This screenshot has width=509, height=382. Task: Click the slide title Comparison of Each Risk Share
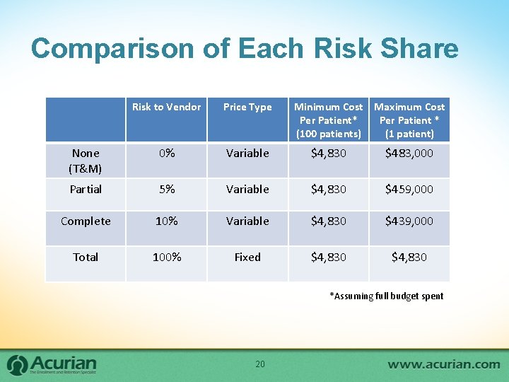pyautogui.click(x=245, y=49)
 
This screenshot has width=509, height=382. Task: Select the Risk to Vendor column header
pyautogui.click(x=166, y=107)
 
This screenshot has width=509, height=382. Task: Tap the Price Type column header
pyautogui.click(x=247, y=107)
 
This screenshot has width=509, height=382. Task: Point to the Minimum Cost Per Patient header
pyautogui.click(x=328, y=120)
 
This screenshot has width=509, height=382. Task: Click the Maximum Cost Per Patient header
pyautogui.click(x=409, y=120)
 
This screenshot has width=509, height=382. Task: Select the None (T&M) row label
pyautogui.click(x=86, y=161)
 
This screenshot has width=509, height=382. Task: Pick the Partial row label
pyautogui.click(x=86, y=189)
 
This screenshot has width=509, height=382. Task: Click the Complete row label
pyautogui.click(x=86, y=221)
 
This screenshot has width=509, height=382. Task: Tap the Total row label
pyautogui.click(x=86, y=257)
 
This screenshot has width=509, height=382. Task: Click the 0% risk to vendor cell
pyautogui.click(x=166, y=153)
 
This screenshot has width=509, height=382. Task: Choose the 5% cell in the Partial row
pyautogui.click(x=166, y=189)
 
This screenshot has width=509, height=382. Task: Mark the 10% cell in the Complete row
pyautogui.click(x=166, y=221)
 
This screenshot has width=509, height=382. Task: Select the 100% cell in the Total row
pyautogui.click(x=166, y=257)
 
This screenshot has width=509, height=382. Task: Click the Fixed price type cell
pyautogui.click(x=247, y=257)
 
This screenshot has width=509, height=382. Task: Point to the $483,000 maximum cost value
pyautogui.click(x=409, y=153)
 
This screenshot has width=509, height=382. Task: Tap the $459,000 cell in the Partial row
pyautogui.click(x=409, y=189)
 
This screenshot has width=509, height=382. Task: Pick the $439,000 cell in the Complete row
pyautogui.click(x=409, y=221)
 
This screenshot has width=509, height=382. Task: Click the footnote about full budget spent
pyautogui.click(x=386, y=296)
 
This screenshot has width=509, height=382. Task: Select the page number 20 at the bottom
pyautogui.click(x=259, y=364)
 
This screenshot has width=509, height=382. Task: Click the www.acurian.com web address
pyautogui.click(x=443, y=364)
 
